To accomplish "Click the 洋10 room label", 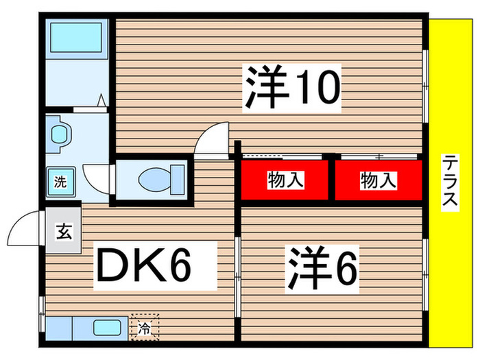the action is [291, 88].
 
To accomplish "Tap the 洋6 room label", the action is [322, 269].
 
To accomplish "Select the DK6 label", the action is [155, 265].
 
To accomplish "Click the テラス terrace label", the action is [450, 183].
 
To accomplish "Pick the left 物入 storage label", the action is [285, 180].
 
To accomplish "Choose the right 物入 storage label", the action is [379, 180].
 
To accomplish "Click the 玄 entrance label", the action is [64, 232].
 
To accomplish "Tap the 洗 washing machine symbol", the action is [60, 182].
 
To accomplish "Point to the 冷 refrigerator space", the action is [145, 327].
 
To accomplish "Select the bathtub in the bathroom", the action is [76, 38].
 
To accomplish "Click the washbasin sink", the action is [60, 134].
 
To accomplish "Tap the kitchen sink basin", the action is [107, 328].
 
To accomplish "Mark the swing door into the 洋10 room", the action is [212, 140].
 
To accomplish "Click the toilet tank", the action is [178, 180].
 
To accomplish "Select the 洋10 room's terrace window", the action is [426, 86].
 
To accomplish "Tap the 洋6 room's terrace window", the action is [426, 274].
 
